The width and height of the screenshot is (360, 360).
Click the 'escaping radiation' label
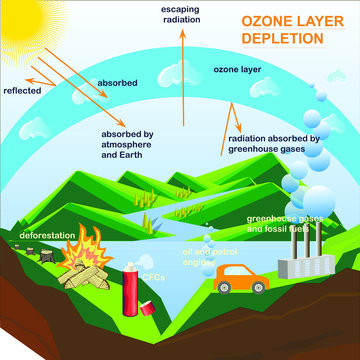[x=182, y=14]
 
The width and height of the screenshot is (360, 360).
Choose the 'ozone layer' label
[x=236, y=70]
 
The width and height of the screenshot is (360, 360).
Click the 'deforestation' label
[x=37, y=235]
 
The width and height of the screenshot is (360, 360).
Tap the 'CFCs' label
[x=151, y=274]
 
